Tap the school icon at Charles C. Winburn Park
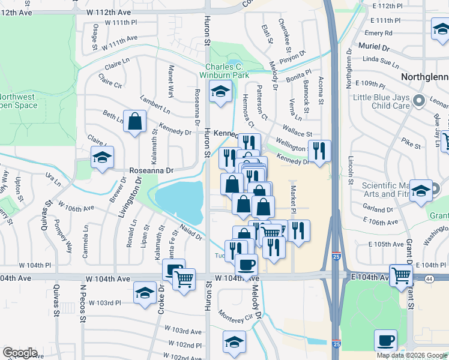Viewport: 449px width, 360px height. click(x=220, y=92)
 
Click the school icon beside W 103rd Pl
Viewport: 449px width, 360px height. click(x=144, y=294)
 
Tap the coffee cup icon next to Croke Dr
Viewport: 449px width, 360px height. click(x=173, y=270)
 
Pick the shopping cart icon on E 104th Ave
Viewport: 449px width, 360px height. click(x=400, y=275)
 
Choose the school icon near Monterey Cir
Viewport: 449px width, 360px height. click(x=234, y=343)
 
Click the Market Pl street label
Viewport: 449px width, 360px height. click(x=294, y=200)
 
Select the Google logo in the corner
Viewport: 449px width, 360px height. click(x=20, y=353)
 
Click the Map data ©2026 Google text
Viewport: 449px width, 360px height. click(x=411, y=355)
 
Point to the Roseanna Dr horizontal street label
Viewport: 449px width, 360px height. click(x=152, y=170)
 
